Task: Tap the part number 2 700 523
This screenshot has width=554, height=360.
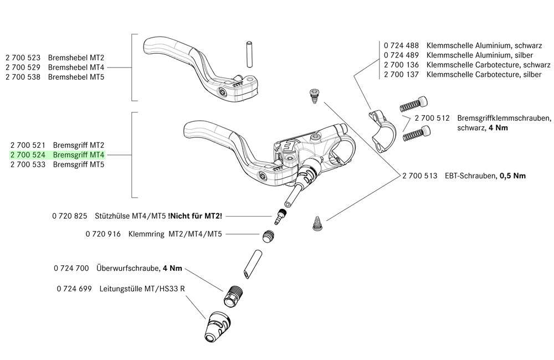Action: pos(24,57)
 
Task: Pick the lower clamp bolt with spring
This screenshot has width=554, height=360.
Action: pos(418,133)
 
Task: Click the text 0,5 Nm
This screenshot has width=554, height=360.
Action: pos(512,176)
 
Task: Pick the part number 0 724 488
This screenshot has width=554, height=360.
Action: pos(401,45)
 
